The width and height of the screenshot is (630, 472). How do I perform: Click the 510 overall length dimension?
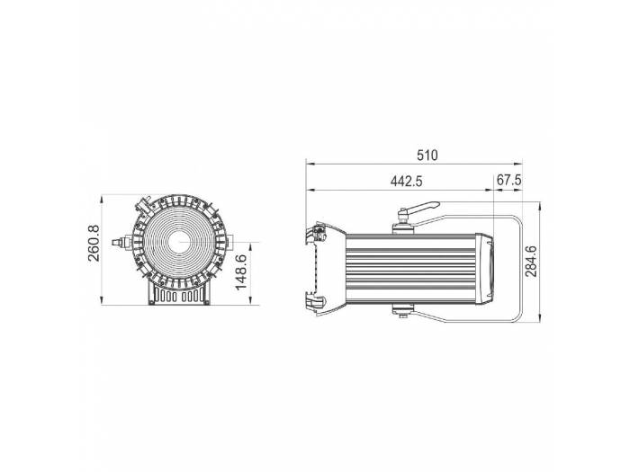click(427, 155)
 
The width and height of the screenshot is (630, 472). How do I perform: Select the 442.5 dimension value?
click(407, 181)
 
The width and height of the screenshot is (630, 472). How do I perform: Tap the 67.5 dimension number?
click(509, 181)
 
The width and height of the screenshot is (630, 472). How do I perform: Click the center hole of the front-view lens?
click(178, 240)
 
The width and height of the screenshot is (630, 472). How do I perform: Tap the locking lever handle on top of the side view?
click(419, 208)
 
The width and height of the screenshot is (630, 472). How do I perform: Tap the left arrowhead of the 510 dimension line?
click(310, 164)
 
